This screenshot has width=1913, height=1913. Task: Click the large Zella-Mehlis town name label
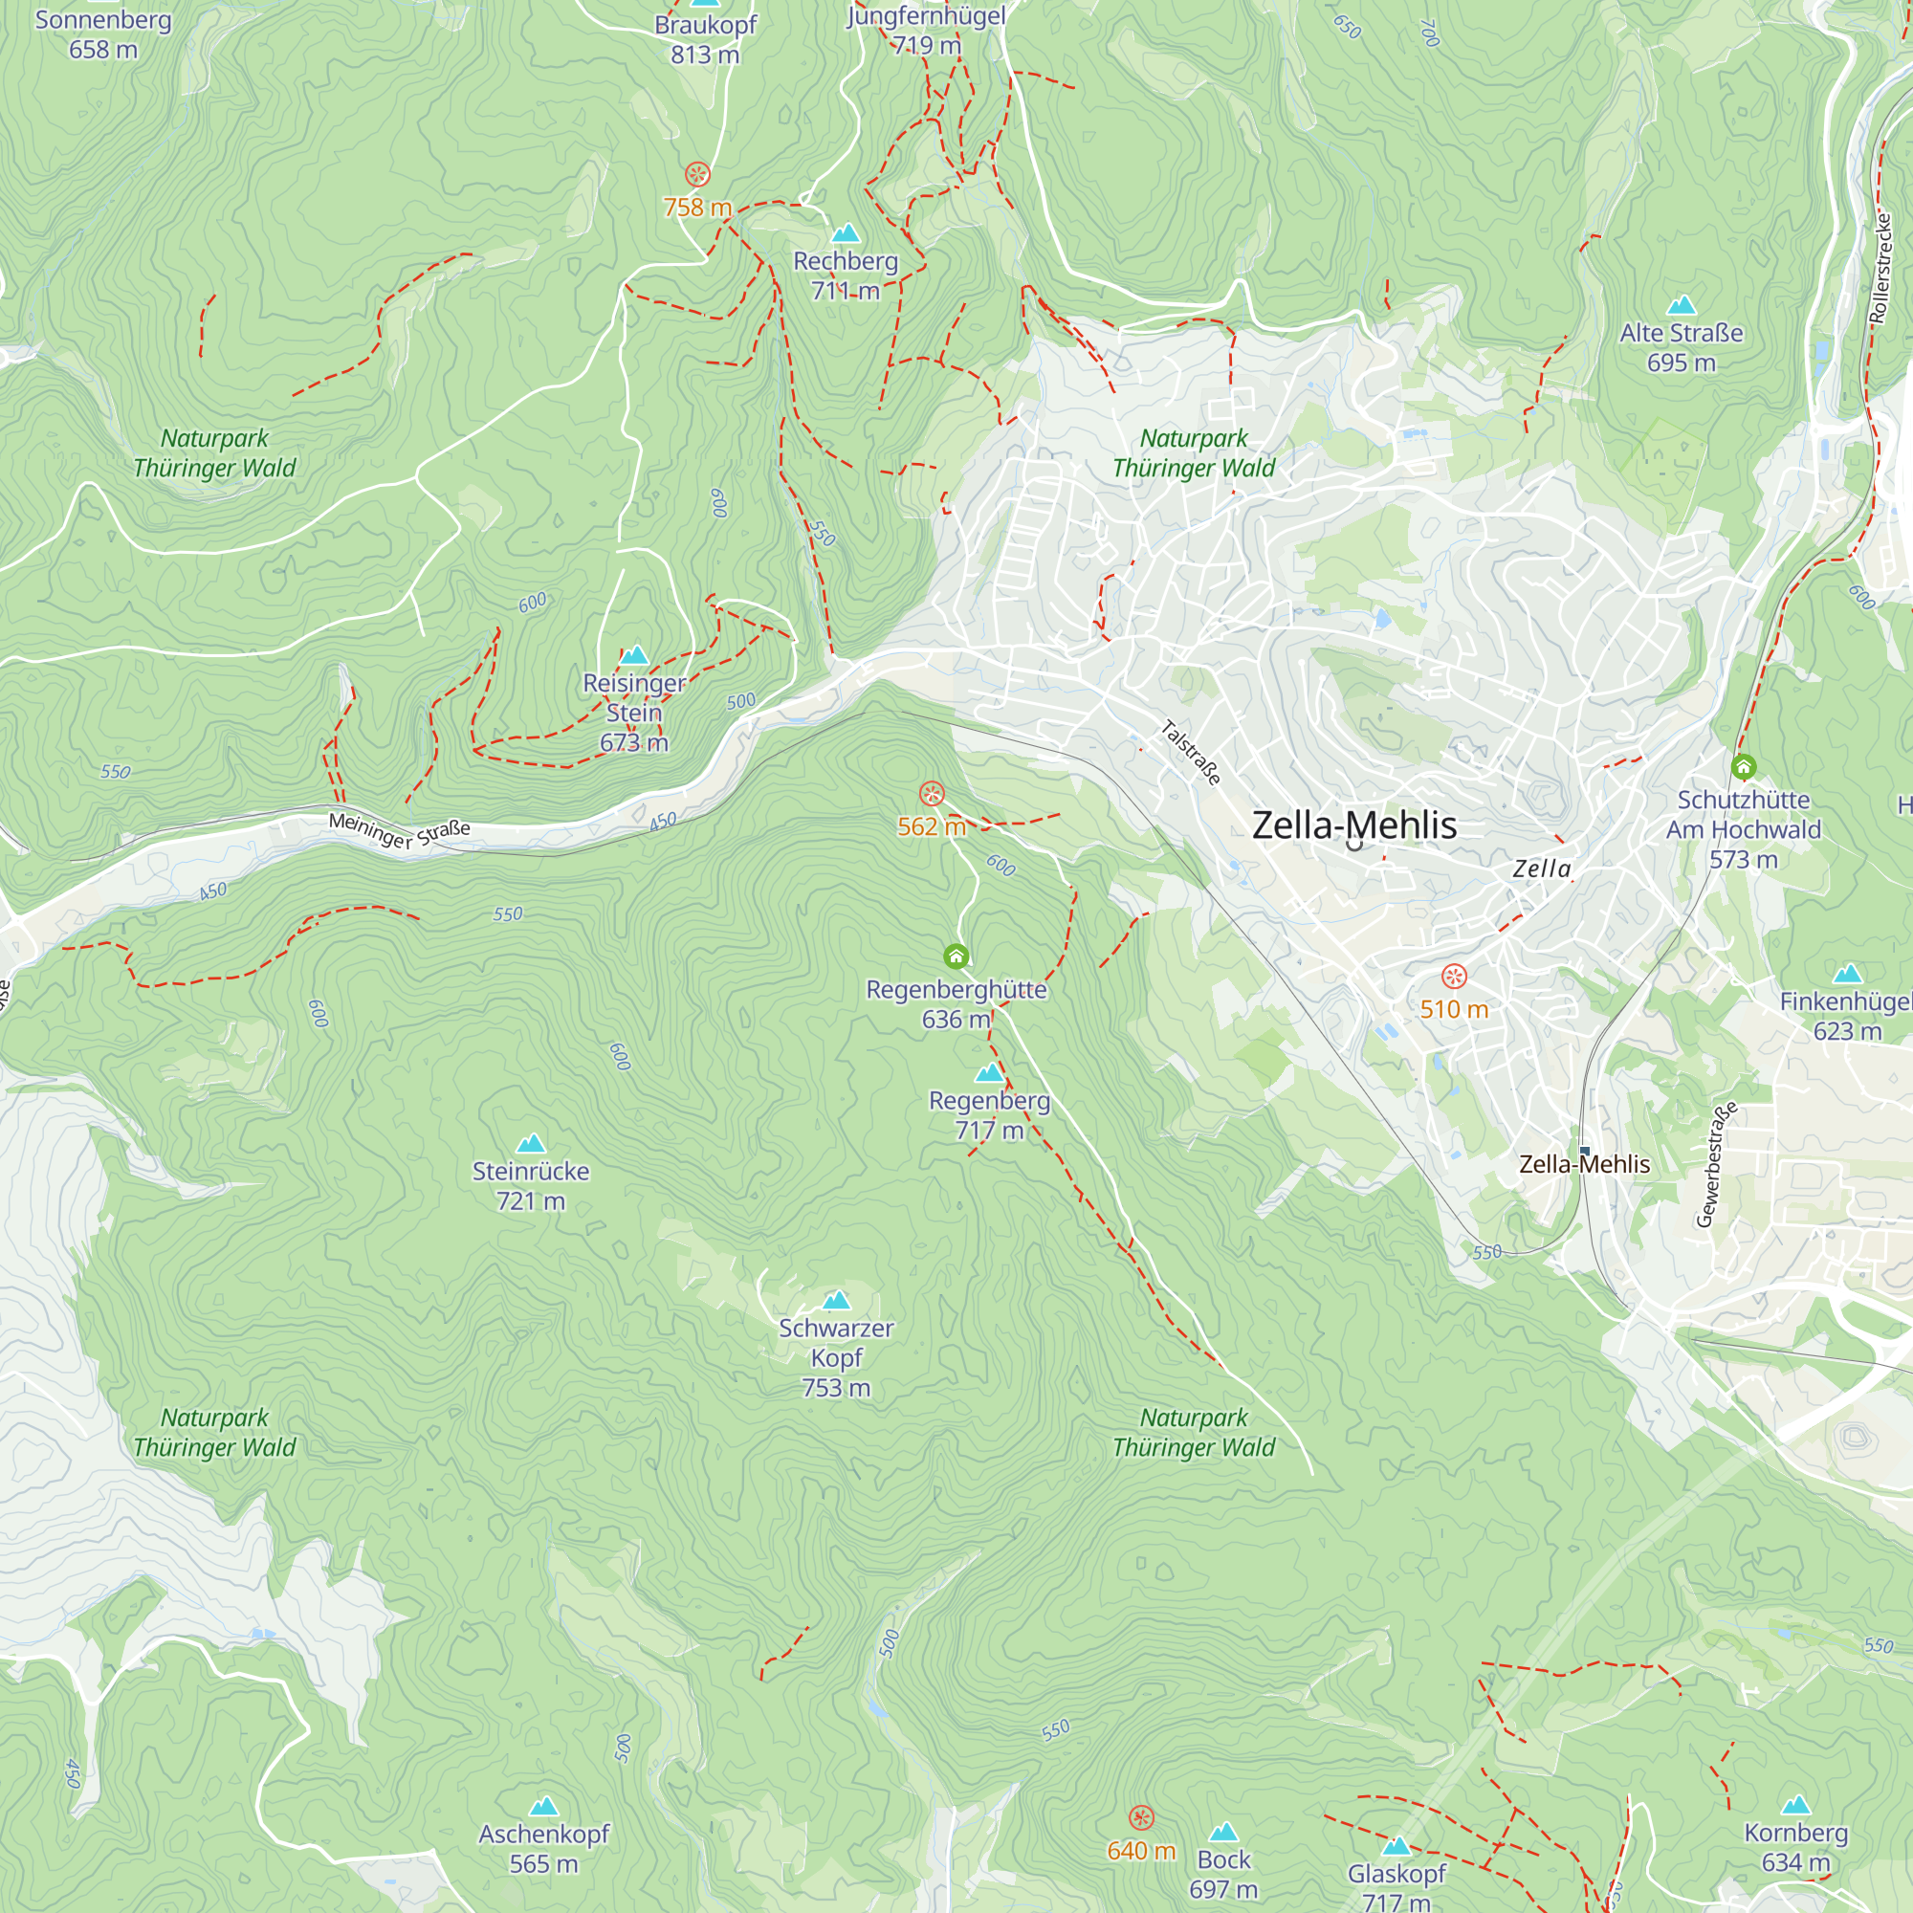pyautogui.click(x=1353, y=825)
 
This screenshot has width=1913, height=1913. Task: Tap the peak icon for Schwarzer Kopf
pyautogui.click(x=837, y=1300)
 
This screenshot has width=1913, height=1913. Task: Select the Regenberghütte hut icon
pyautogui.click(x=956, y=956)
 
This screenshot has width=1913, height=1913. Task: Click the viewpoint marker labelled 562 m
pyautogui.click(x=932, y=793)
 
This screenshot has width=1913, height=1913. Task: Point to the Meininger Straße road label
pyautogui.click(x=399, y=829)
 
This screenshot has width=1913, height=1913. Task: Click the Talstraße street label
pyautogui.click(x=1190, y=754)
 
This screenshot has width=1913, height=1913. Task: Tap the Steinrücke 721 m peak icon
pyautogui.click(x=531, y=1144)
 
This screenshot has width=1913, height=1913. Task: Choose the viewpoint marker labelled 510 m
pyautogui.click(x=1454, y=977)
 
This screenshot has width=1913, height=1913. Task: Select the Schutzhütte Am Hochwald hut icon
pyautogui.click(x=1744, y=766)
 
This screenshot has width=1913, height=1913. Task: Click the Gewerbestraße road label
pyautogui.click(x=1716, y=1164)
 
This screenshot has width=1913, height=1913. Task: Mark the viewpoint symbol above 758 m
pyautogui.click(x=697, y=175)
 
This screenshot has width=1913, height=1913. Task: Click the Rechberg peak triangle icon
pyautogui.click(x=845, y=233)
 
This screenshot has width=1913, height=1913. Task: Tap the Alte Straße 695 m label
pyautogui.click(x=1681, y=346)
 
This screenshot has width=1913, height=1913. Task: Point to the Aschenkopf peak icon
pyautogui.click(x=543, y=1807)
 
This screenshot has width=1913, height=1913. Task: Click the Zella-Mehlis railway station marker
pyautogui.click(x=1584, y=1151)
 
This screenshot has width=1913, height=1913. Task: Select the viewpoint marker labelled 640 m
pyautogui.click(x=1141, y=1818)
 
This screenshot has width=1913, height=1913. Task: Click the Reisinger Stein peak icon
pyautogui.click(x=634, y=655)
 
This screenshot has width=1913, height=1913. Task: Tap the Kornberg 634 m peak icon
pyautogui.click(x=1795, y=1805)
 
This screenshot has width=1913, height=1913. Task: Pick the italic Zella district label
pyautogui.click(x=1542, y=869)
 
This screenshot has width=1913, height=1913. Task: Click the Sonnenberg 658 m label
pyautogui.click(x=103, y=33)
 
